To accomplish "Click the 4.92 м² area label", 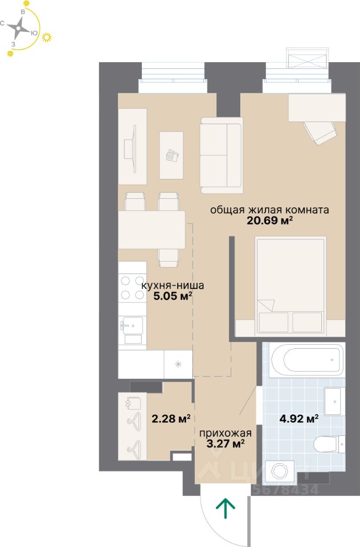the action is [299, 418].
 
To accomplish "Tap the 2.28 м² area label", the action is [171, 418].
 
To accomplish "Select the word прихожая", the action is [226, 433].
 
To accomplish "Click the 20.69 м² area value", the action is [269, 221].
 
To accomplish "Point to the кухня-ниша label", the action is [173, 285].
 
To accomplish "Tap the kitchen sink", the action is [132, 326].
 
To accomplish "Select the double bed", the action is [291, 285].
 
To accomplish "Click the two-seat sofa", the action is [221, 155].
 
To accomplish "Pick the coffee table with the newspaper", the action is [171, 155].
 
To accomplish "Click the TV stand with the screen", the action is [132, 146].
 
